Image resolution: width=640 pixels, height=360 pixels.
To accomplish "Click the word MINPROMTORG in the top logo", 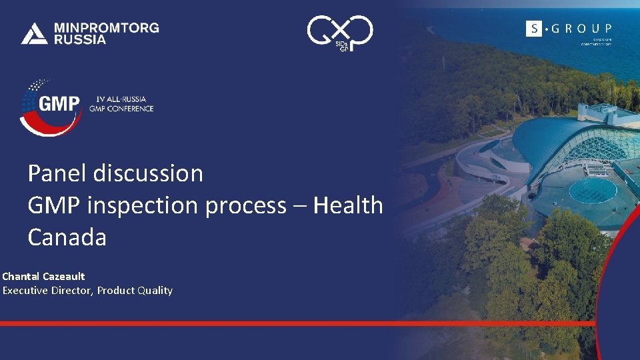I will coord(106,28).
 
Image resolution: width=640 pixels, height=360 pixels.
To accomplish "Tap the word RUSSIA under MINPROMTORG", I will coord(79,39).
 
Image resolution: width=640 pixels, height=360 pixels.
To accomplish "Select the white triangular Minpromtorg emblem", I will coord(34,33).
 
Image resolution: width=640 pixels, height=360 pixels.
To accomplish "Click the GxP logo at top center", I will coord(339,32).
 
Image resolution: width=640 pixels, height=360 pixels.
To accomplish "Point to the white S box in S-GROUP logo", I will coord(533,28).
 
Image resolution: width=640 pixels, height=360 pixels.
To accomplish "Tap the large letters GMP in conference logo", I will coord(59,105).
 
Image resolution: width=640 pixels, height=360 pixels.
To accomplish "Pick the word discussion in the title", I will coord(148,173).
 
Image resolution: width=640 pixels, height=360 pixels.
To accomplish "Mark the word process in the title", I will coord(246,205).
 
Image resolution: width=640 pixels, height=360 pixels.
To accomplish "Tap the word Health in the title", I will coord(348,205).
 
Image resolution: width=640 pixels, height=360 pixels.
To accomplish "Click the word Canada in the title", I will coord(67,237).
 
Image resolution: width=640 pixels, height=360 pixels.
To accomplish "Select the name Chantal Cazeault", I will coord(43,276).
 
